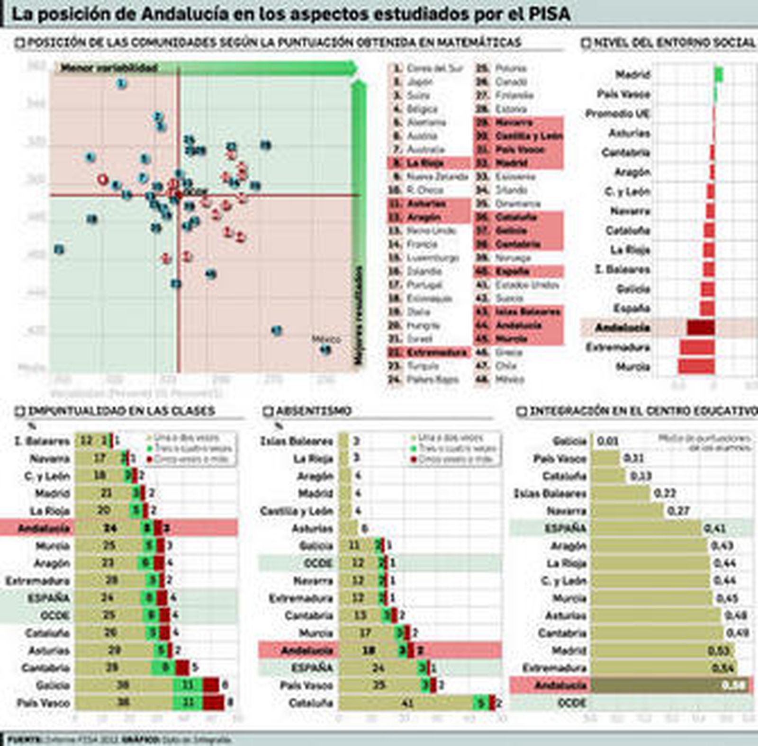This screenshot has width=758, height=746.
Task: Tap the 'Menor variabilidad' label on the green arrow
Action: [108, 68]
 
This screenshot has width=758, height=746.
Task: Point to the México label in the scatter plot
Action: [326, 339]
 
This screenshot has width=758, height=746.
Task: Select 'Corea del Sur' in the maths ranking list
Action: [434, 68]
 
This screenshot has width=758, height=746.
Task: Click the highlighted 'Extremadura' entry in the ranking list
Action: [436, 352]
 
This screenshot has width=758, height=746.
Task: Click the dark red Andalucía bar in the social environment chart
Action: [701, 327]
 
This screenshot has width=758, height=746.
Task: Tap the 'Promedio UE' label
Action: [617, 114]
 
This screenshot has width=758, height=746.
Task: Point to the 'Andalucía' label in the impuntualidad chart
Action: [44, 528]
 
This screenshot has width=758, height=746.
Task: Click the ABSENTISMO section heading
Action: [314, 411]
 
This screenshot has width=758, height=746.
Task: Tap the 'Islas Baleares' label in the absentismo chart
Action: [297, 441]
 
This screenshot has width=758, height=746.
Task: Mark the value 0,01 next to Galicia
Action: [608, 441]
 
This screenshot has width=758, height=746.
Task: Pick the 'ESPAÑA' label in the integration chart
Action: [565, 528]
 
